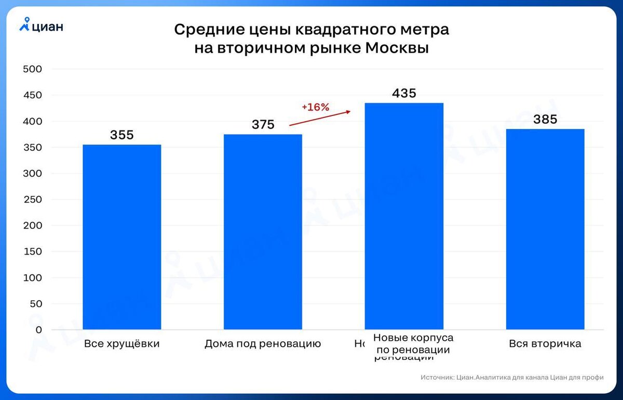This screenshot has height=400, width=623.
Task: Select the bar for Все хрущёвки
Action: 122,237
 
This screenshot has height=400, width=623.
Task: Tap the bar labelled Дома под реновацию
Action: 263,232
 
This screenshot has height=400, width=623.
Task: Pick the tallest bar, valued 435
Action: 404,216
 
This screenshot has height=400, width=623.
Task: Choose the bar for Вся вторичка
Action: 545,229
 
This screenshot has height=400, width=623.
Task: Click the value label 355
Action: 122,135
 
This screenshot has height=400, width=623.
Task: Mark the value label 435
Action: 404,94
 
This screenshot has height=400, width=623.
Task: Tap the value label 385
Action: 545,119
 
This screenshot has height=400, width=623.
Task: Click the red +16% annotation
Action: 316,108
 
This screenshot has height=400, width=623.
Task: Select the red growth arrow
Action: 320,118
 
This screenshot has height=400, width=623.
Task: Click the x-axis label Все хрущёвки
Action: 121,344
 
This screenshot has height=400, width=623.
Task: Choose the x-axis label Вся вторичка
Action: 545,344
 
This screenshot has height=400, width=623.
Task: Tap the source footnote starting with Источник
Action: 512,378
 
